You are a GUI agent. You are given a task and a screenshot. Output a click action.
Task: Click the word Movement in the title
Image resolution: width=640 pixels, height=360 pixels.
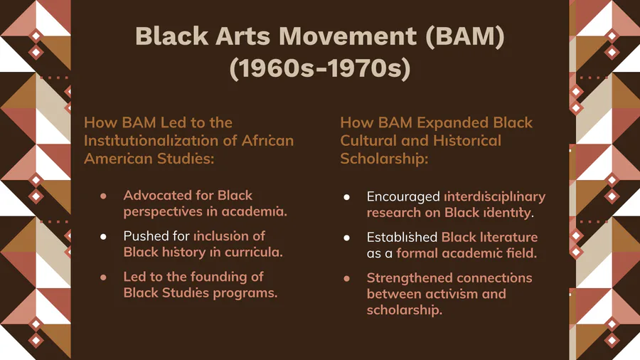click(347, 36)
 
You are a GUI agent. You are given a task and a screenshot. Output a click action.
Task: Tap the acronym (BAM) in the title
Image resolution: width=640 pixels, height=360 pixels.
click(464, 37)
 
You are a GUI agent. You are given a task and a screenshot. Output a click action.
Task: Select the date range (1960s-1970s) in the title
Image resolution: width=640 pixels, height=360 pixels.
click(320, 68)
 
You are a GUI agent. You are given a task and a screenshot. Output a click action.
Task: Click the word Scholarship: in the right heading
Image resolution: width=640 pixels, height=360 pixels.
click(384, 159)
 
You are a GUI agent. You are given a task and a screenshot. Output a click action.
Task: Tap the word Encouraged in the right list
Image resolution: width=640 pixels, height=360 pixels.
click(403, 197)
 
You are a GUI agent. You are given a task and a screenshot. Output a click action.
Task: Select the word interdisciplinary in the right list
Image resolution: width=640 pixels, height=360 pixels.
click(495, 197)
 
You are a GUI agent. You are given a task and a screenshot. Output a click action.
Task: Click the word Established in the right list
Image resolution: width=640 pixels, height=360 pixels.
click(402, 237)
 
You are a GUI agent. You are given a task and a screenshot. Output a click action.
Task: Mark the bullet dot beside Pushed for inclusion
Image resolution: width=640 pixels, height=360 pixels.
click(103, 237)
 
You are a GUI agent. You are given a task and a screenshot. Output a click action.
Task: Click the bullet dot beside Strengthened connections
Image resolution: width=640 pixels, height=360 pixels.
click(346, 279)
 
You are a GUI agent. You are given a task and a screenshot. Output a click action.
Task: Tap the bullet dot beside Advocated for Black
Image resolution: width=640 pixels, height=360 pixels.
click(103, 196)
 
